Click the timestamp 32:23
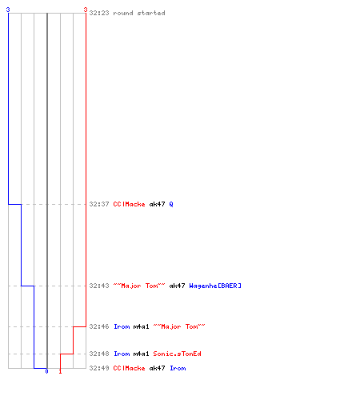pos(99,13)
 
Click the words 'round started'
pos(139,13)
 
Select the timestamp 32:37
pos(99,204)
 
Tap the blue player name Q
pos(171,205)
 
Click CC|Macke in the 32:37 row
pos(130,204)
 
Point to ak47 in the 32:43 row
pos(177,286)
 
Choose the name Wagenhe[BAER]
pos(215,286)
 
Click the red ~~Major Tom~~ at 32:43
pos(139,286)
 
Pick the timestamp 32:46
pos(99,326)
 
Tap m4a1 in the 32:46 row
pos(141,326)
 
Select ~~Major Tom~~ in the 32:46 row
pos(179,326)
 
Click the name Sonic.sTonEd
pos(177,354)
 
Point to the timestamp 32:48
pos(99,354)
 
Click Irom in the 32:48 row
pos(122,354)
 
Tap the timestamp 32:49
pos(99,368)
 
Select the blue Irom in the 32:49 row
pos(178,368)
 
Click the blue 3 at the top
pos(8,10)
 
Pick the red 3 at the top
pos(86,10)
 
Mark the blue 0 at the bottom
pos(46,371)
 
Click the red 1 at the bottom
pos(60,371)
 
